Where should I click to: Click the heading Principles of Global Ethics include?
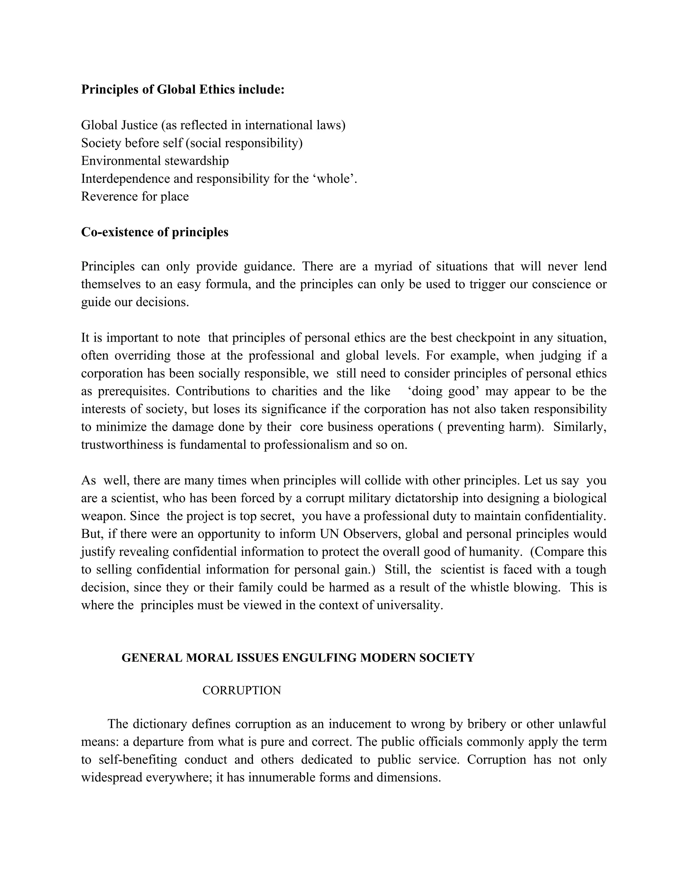[183, 89]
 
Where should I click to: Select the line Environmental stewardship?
[155, 161]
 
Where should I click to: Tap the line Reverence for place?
[135, 196]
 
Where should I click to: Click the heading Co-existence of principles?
[155, 232]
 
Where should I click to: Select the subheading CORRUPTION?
[242, 690]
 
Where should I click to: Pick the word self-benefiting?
[138, 760]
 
